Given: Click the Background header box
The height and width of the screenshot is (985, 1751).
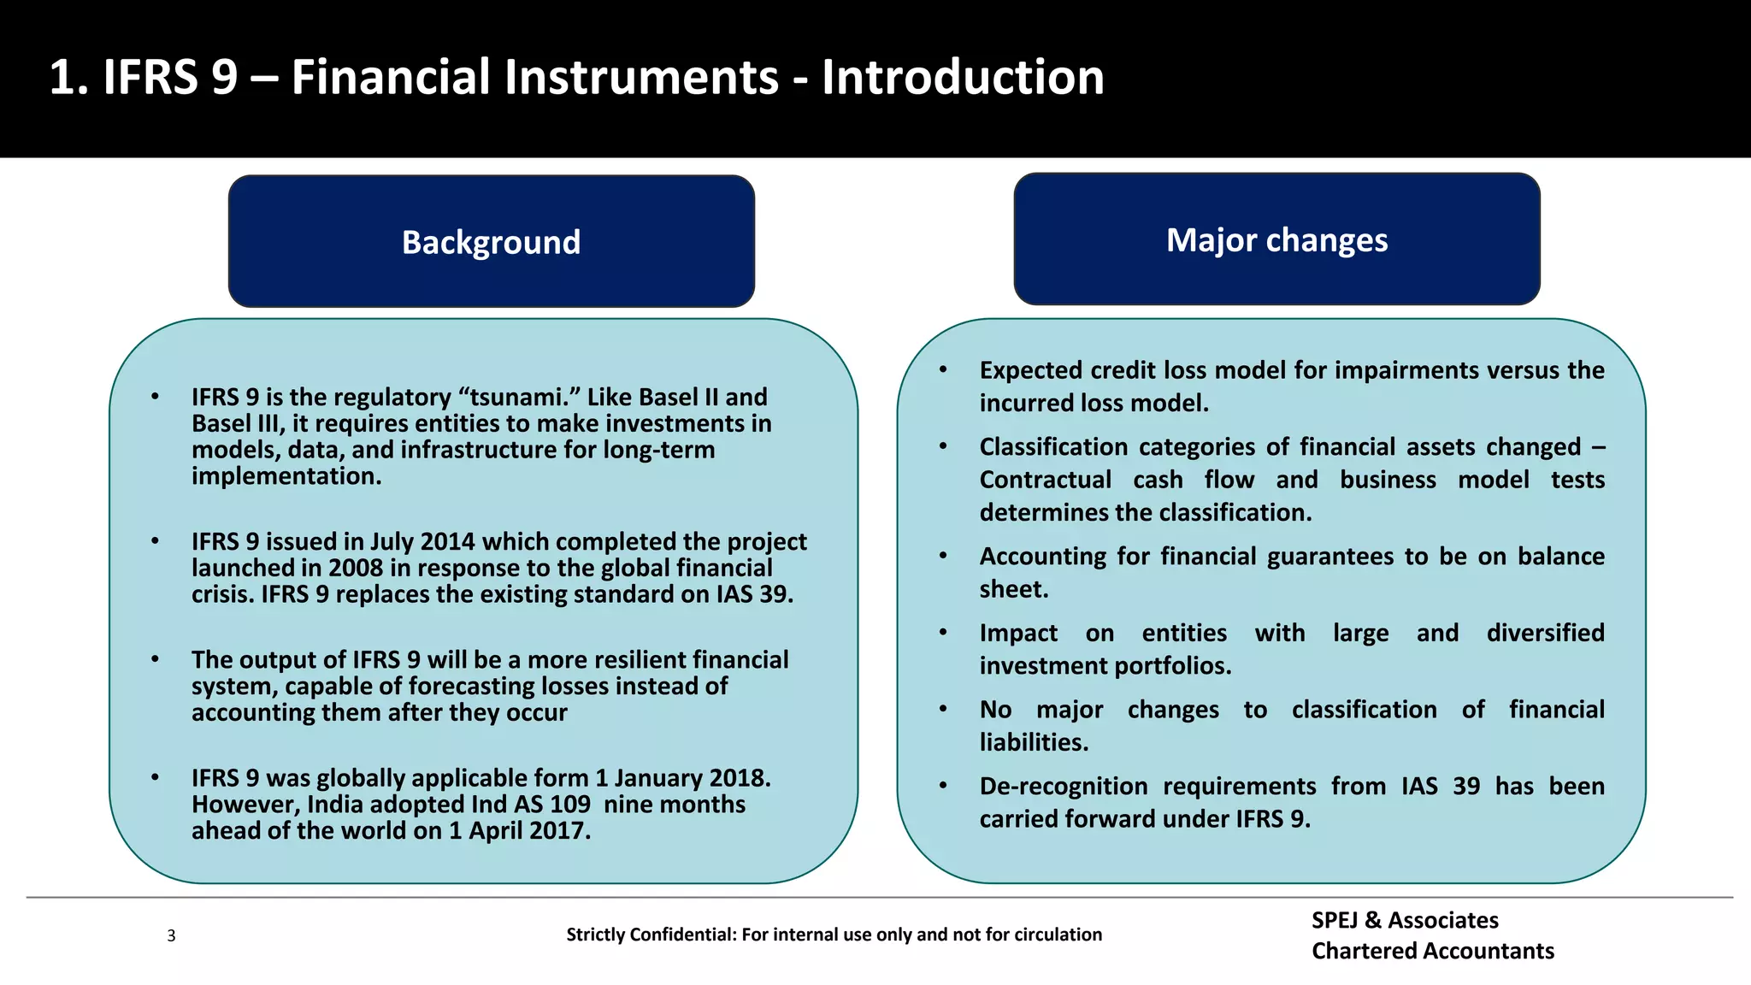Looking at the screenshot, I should pyautogui.click(x=491, y=242).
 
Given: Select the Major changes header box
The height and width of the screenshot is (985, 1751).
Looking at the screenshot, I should pyautogui.click(x=1276, y=239).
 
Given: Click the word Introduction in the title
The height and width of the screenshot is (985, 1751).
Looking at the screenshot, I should pyautogui.click(x=963, y=77).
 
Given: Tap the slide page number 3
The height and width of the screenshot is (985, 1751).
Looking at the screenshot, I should pyautogui.click(x=171, y=935).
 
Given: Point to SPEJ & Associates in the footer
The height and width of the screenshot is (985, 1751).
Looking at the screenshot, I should pyautogui.click(x=1405, y=920).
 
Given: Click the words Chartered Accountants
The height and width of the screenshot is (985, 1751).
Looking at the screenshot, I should pyautogui.click(x=1433, y=951).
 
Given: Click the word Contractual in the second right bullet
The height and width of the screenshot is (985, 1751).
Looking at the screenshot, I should pyautogui.click(x=1045, y=480).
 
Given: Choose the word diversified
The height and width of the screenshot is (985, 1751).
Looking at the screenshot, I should pyautogui.click(x=1545, y=633).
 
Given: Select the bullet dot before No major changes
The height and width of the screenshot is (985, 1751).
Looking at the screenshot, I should pyautogui.click(x=943, y=709).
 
